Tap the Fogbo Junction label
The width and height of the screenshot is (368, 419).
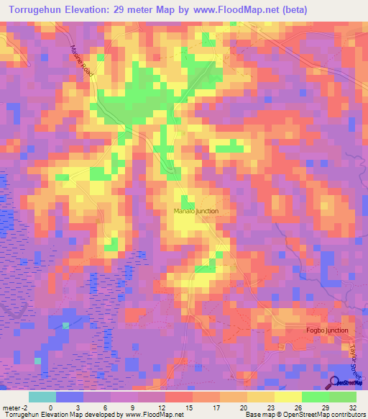(326, 330)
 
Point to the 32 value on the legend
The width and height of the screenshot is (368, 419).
(351, 408)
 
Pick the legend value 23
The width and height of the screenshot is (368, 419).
(270, 408)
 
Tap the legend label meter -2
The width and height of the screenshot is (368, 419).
(15, 408)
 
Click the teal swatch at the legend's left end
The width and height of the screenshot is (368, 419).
(42, 397)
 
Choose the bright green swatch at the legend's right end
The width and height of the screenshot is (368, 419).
(342, 397)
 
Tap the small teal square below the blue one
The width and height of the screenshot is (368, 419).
(37, 361)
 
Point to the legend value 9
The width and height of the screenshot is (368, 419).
(133, 408)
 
